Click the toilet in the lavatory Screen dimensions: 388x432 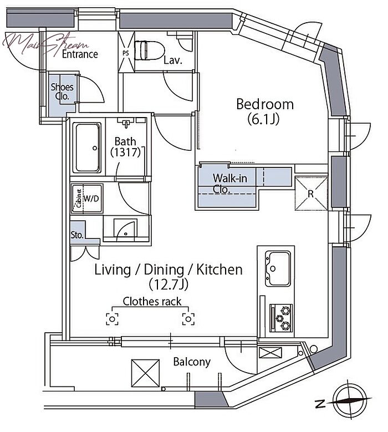tap(149, 50)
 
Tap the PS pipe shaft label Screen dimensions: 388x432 tap(126, 53)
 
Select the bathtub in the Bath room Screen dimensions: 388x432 tap(87, 148)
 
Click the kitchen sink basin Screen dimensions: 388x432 tap(278, 268)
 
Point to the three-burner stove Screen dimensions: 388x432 tap(281, 318)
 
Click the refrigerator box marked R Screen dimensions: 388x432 tap(311, 194)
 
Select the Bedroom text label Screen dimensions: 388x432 tap(265, 104)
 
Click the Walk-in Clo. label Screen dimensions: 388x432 tap(229, 184)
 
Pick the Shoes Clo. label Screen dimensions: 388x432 tap(62, 92)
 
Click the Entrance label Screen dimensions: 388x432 tap(80, 54)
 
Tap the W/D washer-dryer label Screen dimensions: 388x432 tap(91, 199)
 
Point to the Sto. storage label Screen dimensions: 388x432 tap(77, 235)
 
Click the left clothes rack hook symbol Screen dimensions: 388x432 tap(113, 319)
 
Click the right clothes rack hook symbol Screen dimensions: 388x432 tap(188, 319)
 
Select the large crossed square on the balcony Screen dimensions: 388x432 tap(145, 373)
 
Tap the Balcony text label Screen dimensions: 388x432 tap(192, 362)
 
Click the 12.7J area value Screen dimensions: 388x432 tap(169, 284)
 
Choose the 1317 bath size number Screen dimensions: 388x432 tap(126, 152)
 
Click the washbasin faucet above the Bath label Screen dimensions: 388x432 tap(126, 123)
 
